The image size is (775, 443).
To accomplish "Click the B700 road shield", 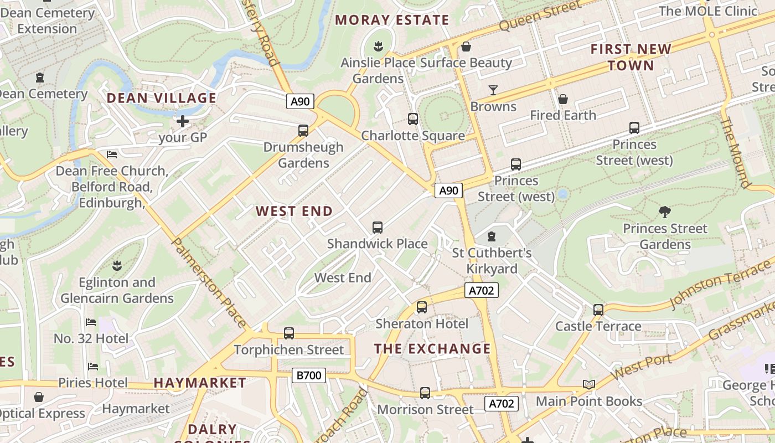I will click(308, 375).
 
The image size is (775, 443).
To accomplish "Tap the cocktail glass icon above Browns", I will click(493, 90).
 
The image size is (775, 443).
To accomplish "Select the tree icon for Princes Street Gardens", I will click(664, 212).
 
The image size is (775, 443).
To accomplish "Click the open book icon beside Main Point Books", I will click(588, 385).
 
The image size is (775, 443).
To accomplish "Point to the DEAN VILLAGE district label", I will click(161, 99).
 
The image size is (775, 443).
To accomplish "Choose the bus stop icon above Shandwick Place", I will click(378, 227).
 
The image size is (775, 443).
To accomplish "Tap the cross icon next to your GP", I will click(183, 121).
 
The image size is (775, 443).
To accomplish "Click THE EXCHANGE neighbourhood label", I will click(432, 349).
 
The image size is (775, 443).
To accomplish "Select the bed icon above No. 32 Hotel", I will click(91, 322).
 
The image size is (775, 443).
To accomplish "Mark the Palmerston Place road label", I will click(209, 282).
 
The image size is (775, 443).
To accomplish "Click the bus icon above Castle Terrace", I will click(598, 310).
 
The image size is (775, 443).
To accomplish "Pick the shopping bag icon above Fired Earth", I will click(562, 99).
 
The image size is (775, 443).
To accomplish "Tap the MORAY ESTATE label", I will click(392, 20).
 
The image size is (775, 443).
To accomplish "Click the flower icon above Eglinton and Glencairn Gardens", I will click(117, 265).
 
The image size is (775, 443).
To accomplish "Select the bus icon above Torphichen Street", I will click(288, 333).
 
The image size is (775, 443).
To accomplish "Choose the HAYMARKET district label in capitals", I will click(200, 383).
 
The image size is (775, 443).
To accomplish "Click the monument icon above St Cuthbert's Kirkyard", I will click(491, 236).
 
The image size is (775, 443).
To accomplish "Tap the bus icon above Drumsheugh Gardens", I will click(303, 131).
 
